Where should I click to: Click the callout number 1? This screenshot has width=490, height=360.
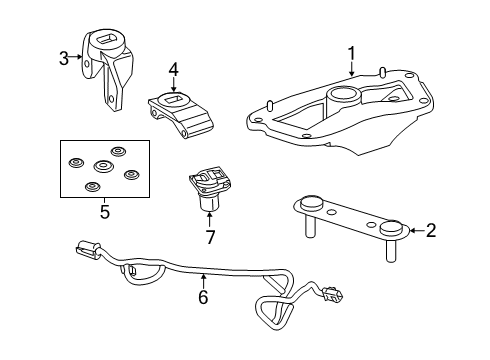click(351, 52)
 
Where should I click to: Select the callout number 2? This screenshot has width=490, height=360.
click(431, 231)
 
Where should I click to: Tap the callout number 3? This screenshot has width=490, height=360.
click(64, 58)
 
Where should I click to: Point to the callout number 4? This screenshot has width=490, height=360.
click(173, 70)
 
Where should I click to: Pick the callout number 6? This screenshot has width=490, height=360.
click(203, 296)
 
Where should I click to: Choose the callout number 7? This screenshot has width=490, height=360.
click(209, 236)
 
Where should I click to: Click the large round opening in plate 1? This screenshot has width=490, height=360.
click(343, 98)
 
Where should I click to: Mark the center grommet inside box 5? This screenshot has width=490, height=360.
click(101, 166)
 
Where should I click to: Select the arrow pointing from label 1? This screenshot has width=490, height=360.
click(351, 68)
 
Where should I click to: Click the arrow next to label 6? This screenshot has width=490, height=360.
click(203, 281)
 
